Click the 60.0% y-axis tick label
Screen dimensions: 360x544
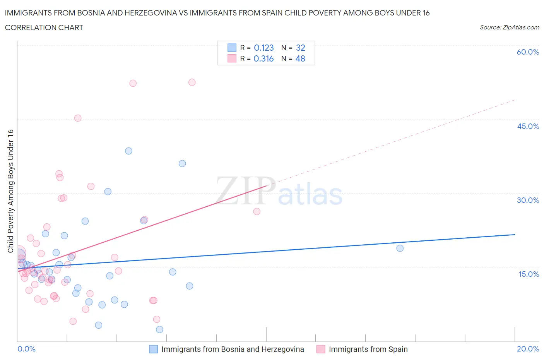[528, 52]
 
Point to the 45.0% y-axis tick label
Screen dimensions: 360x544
[528, 126]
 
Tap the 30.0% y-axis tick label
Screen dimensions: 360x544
[528, 200]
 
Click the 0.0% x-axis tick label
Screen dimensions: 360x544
[26, 349]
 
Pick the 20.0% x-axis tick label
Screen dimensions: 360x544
[528, 349]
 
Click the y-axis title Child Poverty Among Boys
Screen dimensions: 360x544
[10, 191]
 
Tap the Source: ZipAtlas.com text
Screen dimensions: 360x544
[509, 27]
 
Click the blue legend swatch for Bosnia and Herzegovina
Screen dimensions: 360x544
[154, 349]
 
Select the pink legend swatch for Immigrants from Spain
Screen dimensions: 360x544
[321, 349]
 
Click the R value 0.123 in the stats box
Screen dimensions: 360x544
[264, 48]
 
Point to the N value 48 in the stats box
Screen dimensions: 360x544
[300, 58]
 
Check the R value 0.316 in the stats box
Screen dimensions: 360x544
[263, 58]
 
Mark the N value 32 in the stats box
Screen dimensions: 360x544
[300, 48]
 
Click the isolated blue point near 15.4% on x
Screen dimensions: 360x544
[400, 248]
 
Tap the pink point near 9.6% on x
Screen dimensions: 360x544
[257, 211]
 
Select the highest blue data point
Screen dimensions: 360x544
[128, 151]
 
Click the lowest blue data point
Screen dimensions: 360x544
[159, 329]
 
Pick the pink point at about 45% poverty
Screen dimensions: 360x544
[78, 118]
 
